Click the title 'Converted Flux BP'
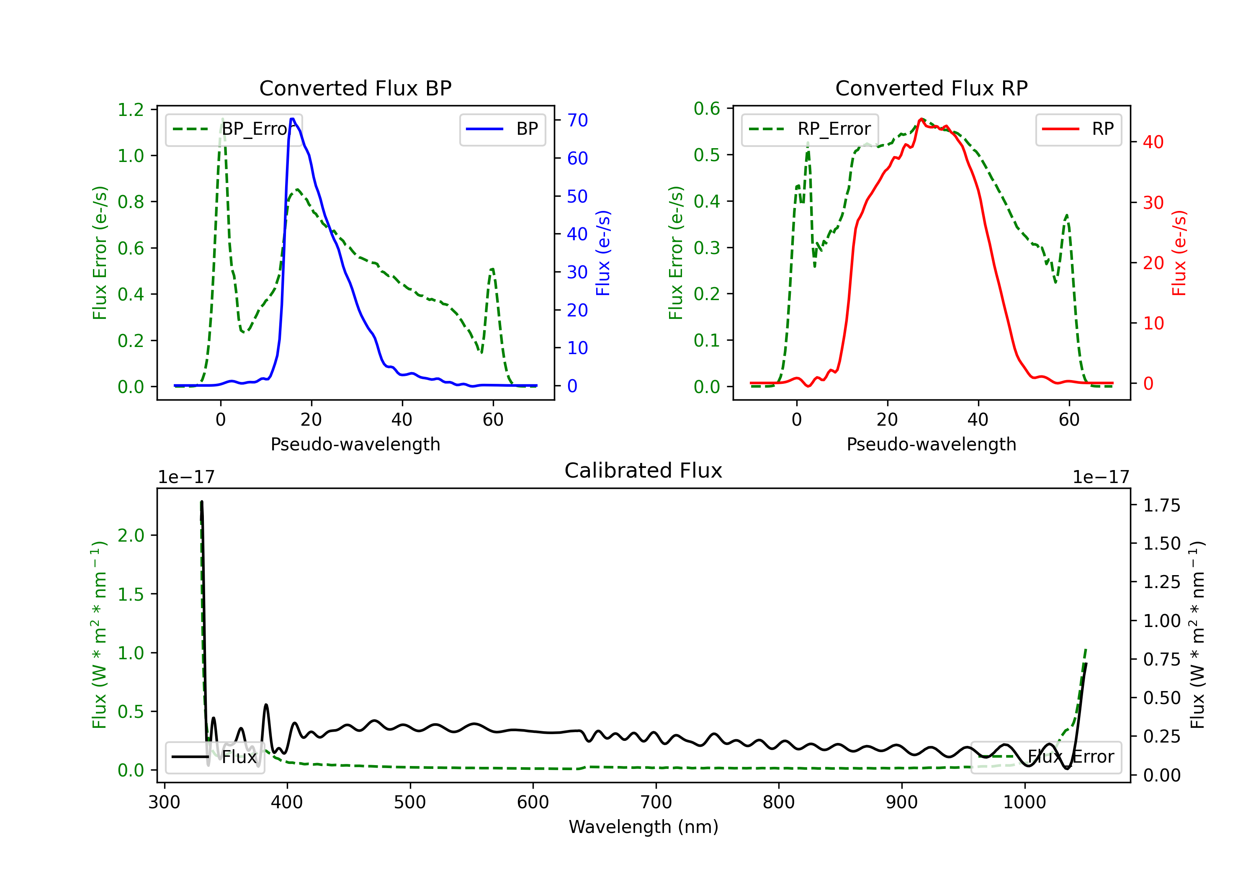[355, 88]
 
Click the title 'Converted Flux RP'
[931, 88]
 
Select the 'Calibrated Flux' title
[643, 470]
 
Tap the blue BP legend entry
[502, 129]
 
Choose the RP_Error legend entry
[810, 129]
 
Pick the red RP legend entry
[1078, 129]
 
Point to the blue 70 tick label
[577, 120]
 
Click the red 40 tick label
[1153, 142]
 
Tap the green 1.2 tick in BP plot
[131, 110]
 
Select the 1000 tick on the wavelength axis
[1024, 802]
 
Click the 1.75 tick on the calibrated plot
[1162, 505]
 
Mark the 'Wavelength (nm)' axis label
[643, 827]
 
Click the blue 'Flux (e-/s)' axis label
[603, 253]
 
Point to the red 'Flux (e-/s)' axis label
[1179, 253]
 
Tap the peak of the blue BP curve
[293, 119]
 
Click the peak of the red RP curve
[921, 119]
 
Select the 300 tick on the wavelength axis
[164, 802]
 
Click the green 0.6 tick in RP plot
[707, 109]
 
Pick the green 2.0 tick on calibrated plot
[131, 535]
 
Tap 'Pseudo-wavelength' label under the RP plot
[931, 444]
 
